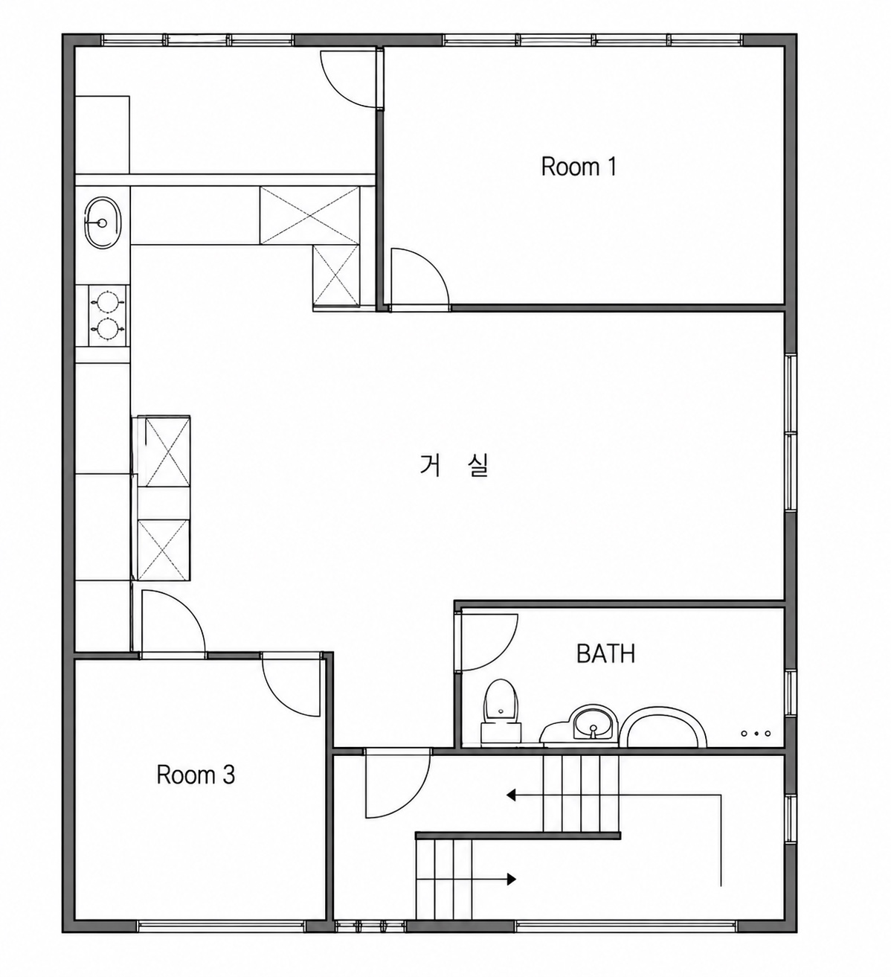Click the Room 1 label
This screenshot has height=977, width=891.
pyautogui.click(x=579, y=167)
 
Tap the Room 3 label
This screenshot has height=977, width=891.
pyautogui.click(x=196, y=775)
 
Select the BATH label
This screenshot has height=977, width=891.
pyautogui.click(x=605, y=653)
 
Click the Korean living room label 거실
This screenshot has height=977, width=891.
pyautogui.click(x=453, y=466)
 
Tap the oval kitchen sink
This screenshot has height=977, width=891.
pyautogui.click(x=103, y=222)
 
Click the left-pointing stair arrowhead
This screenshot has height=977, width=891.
pyautogui.click(x=511, y=795)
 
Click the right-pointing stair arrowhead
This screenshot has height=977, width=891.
pyautogui.click(x=511, y=879)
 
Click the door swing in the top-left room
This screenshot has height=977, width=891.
pyautogui.click(x=348, y=78)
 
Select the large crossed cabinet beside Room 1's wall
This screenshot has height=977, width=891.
pyautogui.click(x=309, y=215)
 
